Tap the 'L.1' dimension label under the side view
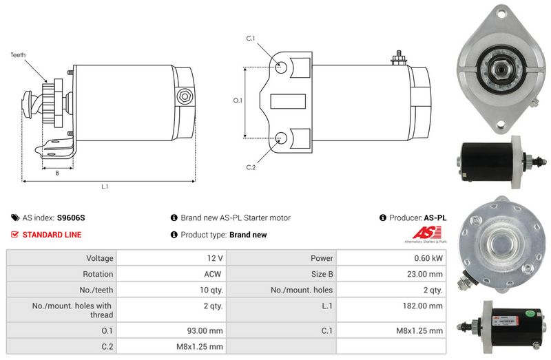point(105,187)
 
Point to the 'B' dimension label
point(57,173)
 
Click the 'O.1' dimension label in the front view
point(238,100)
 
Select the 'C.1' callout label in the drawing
point(251,39)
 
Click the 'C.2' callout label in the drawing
point(251,167)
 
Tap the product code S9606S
point(71,218)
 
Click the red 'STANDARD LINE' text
point(52,235)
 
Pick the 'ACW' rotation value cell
point(214,274)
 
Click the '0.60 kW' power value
point(428,258)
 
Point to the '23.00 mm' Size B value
point(424,274)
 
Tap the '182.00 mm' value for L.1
point(422,305)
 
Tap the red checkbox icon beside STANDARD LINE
point(15,235)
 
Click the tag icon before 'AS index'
point(15,218)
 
